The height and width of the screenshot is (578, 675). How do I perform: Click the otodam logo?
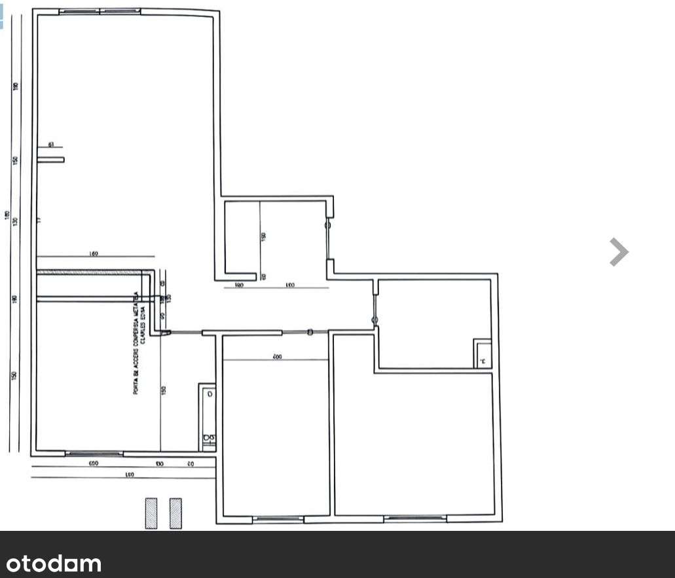54,564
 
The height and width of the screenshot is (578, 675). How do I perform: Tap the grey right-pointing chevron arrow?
618,252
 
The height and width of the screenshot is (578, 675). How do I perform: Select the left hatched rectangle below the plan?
151,513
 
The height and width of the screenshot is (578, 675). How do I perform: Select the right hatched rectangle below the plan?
175,513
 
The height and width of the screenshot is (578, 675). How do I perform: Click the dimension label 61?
50,145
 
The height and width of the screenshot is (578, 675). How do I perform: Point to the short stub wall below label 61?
50,159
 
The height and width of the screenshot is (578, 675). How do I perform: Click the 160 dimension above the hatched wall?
93,253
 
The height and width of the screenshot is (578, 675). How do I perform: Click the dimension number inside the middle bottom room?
276,356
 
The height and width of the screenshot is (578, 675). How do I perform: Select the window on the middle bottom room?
278,520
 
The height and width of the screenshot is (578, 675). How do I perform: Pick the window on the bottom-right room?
415,519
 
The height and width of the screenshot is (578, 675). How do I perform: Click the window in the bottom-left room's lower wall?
94,453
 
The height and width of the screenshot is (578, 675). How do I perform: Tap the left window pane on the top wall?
79,12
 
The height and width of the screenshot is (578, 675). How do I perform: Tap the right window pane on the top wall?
120,12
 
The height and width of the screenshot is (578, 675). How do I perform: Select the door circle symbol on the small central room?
328,225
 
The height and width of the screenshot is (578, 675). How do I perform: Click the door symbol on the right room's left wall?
374,320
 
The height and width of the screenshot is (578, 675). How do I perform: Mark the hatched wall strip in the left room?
88,272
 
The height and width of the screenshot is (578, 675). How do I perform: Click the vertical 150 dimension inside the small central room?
263,237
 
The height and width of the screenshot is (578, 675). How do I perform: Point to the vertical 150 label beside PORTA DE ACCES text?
164,390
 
